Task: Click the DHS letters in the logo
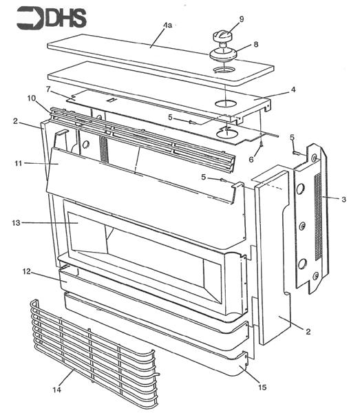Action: [65, 17]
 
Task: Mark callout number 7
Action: [49, 90]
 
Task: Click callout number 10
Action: [31, 98]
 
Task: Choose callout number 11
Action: [19, 163]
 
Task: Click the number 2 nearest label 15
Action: [308, 332]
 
